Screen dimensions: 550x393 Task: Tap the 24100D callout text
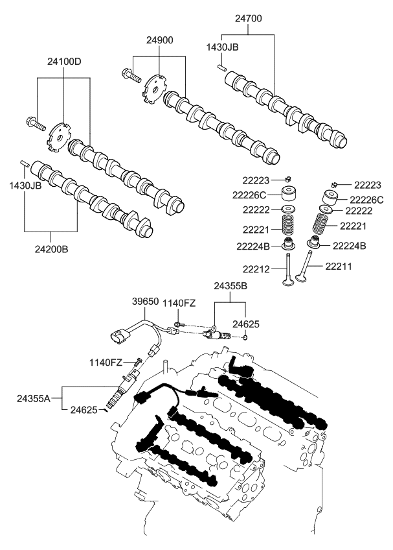pos(63,62)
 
